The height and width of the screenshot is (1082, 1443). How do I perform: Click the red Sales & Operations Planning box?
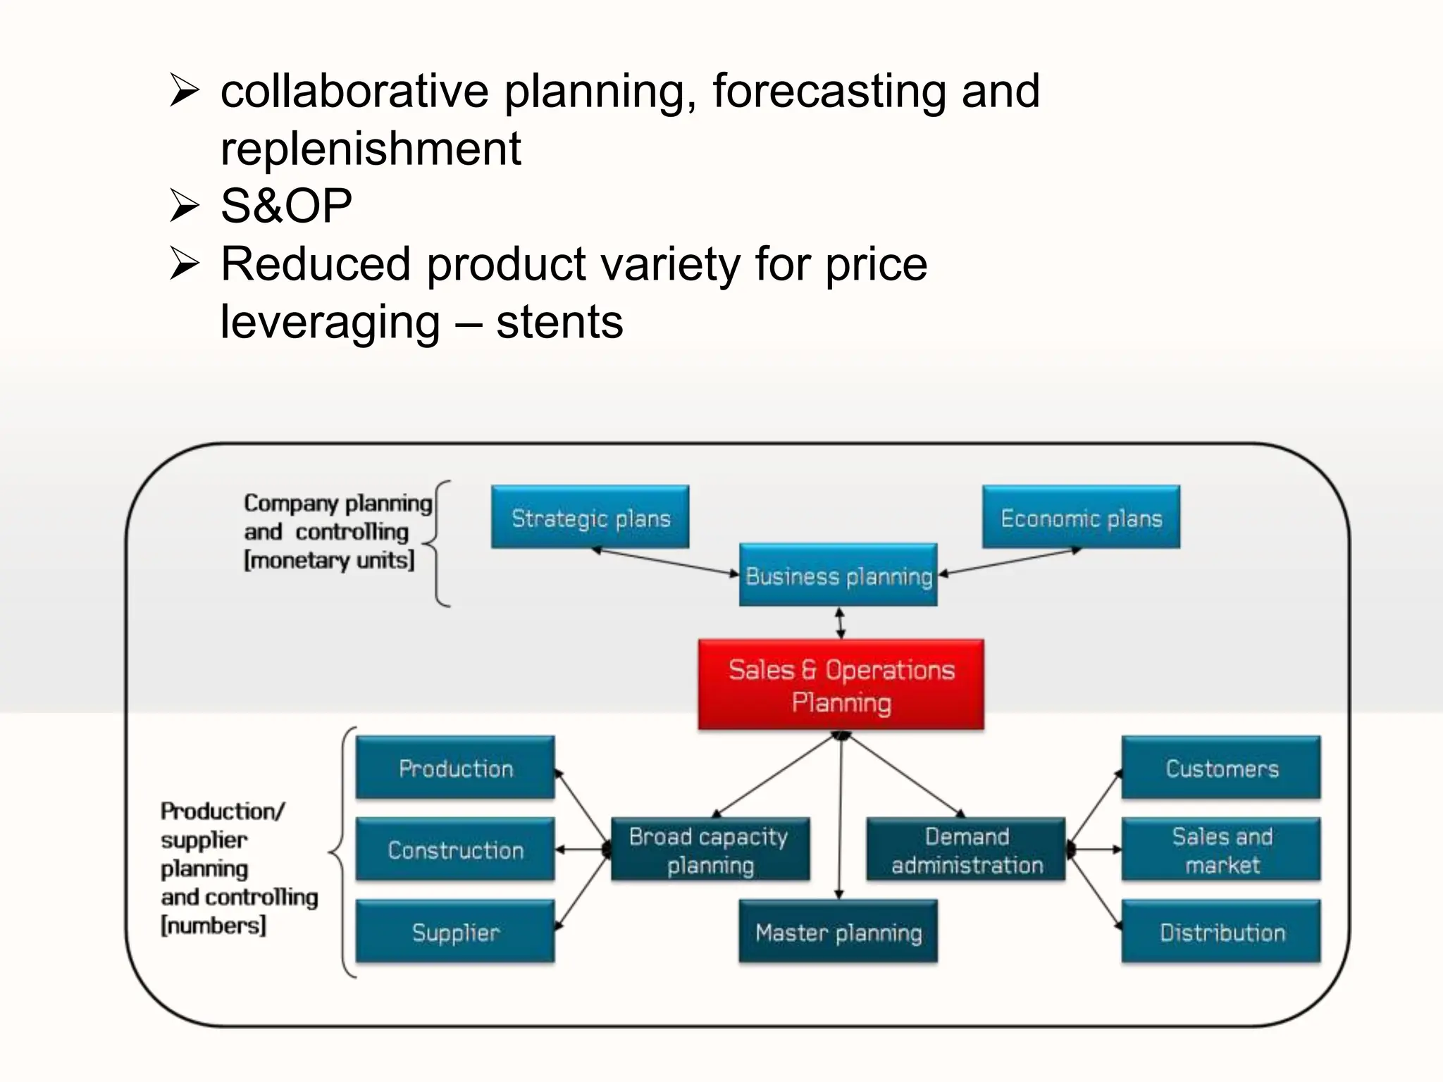click(841, 685)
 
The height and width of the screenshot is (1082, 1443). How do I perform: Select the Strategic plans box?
click(590, 517)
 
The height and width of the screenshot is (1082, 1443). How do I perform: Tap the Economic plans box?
click(1081, 517)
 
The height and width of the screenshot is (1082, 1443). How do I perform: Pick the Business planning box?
click(838, 575)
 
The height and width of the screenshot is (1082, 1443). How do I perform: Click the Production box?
click(455, 768)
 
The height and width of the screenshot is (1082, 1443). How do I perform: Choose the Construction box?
click(455, 850)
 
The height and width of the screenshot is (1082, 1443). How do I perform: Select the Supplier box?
click(455, 931)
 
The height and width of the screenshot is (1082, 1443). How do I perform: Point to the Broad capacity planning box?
click(710, 850)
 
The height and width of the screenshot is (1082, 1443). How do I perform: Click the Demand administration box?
click(966, 850)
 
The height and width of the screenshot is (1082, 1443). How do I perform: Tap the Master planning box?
click(838, 931)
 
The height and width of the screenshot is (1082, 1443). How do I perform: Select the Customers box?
click(1221, 768)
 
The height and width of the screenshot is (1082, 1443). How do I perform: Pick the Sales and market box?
click(1221, 850)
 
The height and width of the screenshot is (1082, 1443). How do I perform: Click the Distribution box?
click(1221, 931)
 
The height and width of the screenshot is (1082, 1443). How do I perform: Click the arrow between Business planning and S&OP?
click(839, 623)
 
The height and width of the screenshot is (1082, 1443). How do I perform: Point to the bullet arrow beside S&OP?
click(185, 206)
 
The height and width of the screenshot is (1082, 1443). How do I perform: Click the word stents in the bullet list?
click(559, 322)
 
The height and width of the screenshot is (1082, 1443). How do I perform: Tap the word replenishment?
click(371, 149)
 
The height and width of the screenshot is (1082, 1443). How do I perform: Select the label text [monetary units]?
click(329, 561)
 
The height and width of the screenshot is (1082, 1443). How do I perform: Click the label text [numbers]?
click(213, 925)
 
